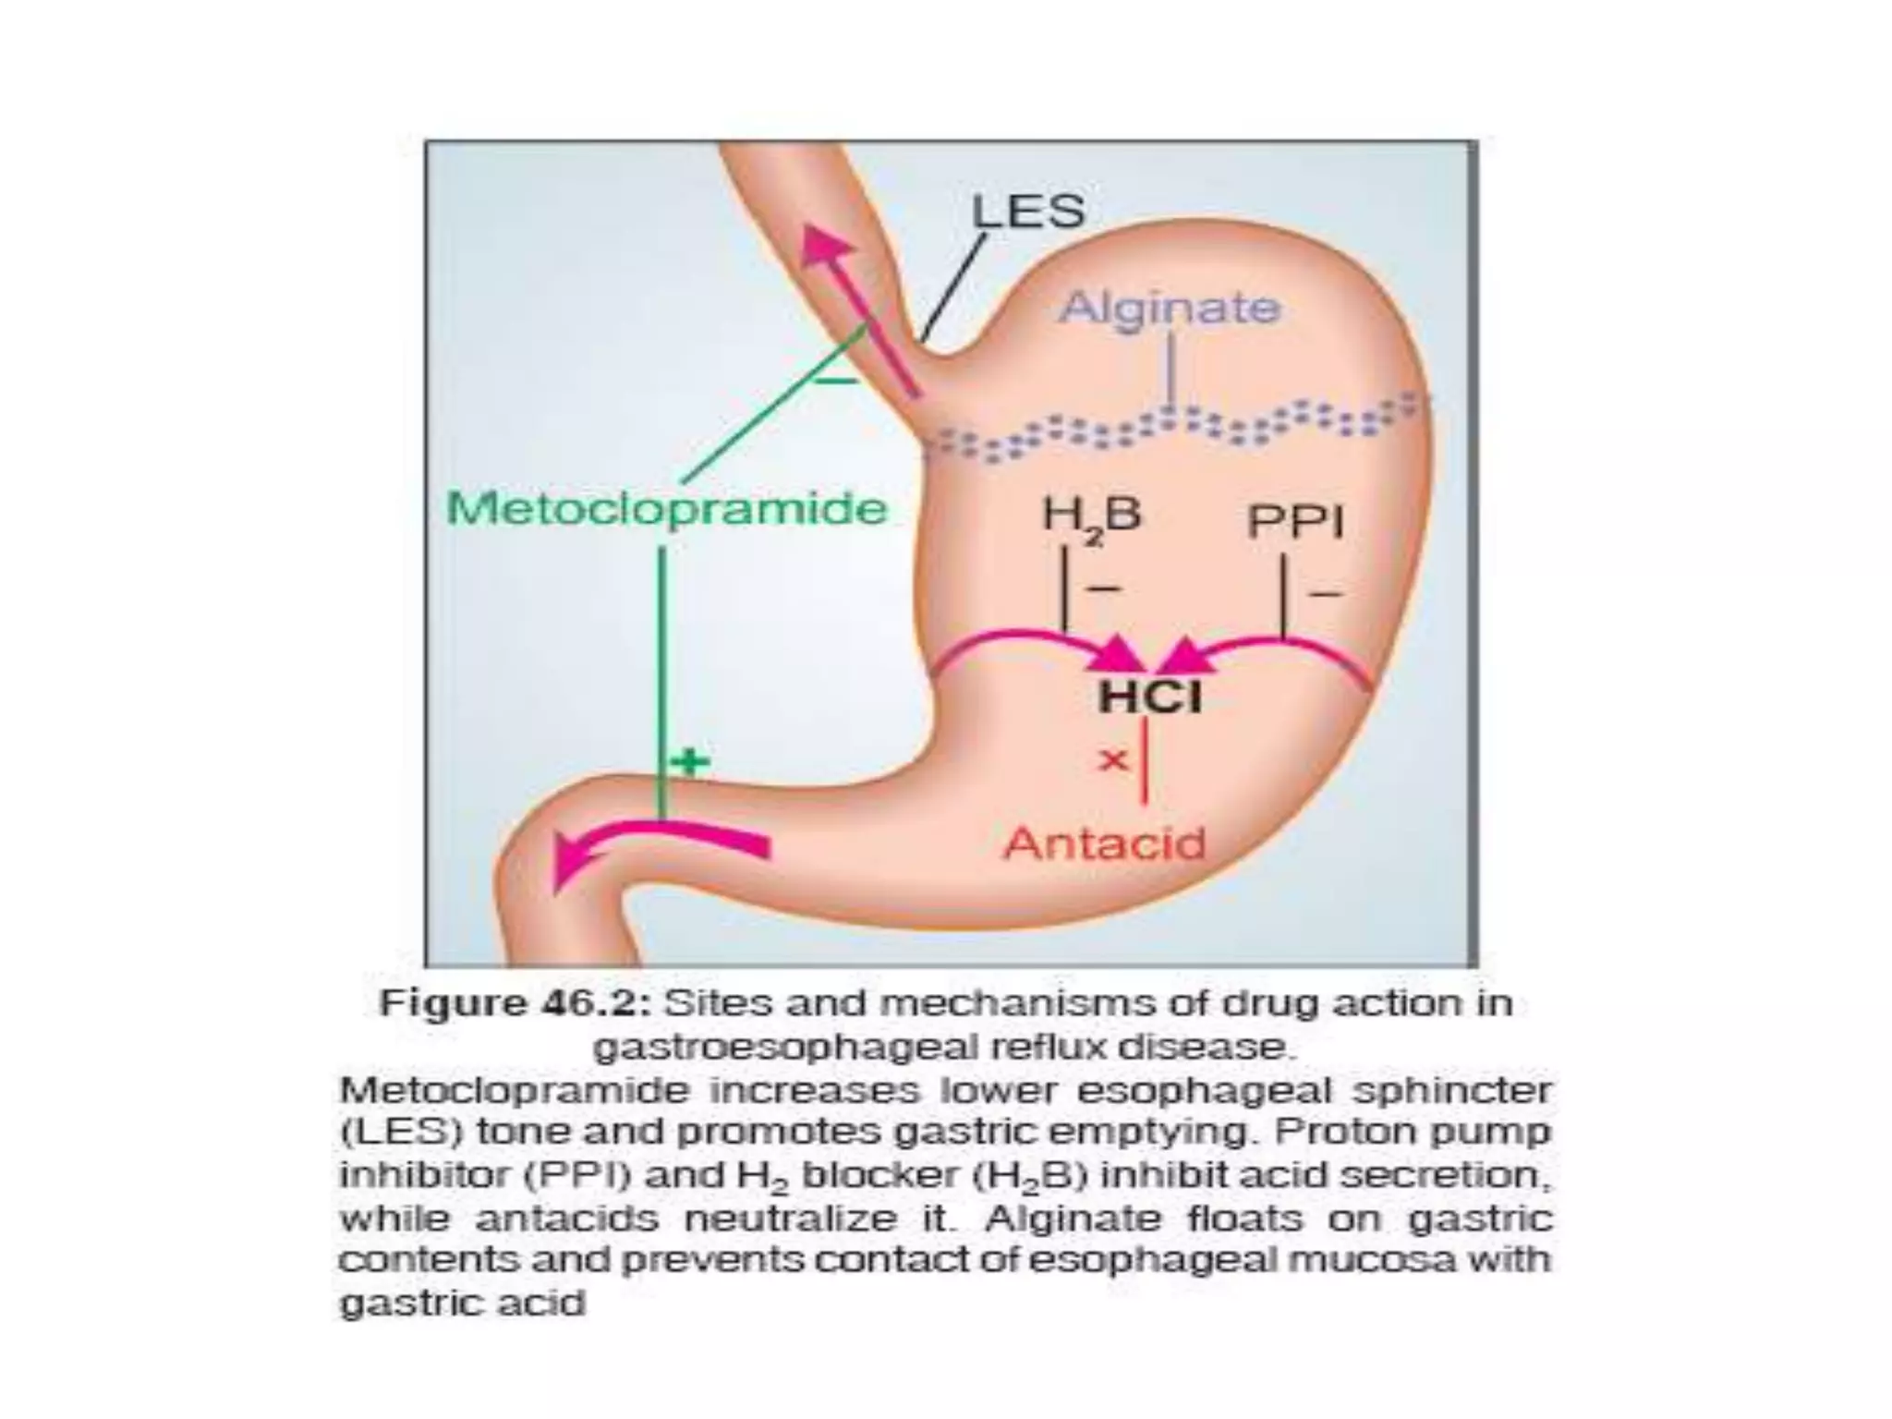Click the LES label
(1027, 212)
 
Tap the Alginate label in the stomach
(1170, 307)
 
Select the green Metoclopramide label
(666, 509)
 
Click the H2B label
(1091, 515)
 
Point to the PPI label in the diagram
(1295, 523)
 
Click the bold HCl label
(1150, 697)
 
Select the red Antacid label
(1105, 843)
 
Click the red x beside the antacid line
(1113, 760)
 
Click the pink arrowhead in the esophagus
(825, 245)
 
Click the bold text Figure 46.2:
(515, 1003)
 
